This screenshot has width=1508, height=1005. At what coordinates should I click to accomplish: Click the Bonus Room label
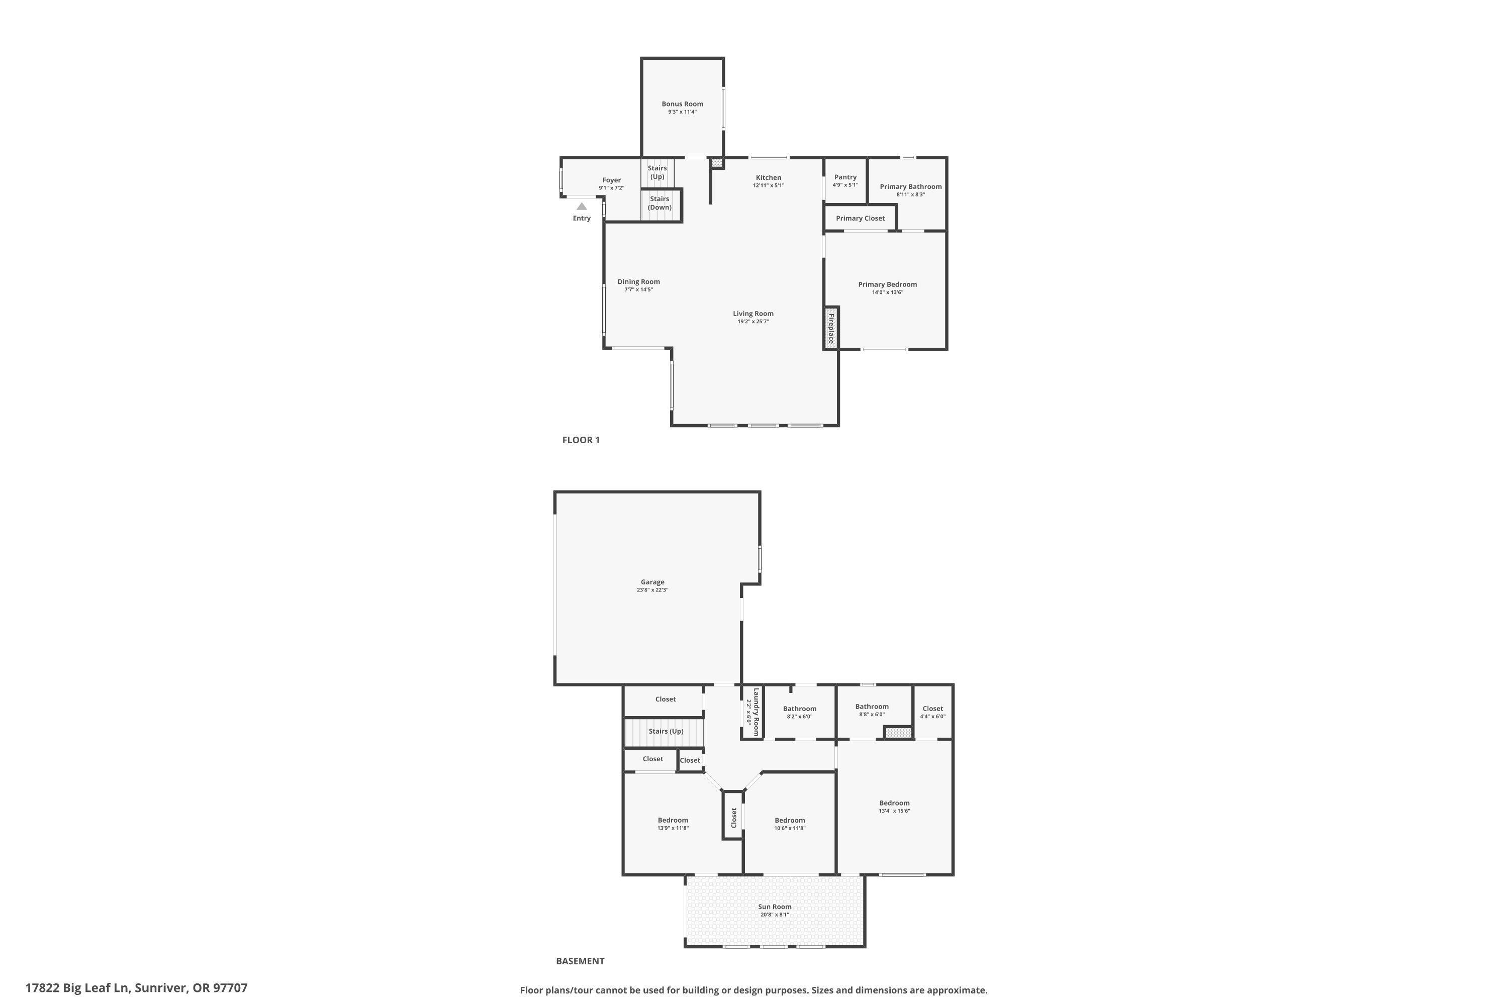point(682,104)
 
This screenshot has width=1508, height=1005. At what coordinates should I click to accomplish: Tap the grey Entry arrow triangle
point(582,207)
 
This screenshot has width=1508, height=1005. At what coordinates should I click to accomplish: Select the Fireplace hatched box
point(831,328)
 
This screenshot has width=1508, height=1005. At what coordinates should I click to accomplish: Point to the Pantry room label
point(845,177)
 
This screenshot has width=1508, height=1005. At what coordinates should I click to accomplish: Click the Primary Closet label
point(860,219)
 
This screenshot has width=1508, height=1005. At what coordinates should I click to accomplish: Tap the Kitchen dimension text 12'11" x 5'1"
point(768,186)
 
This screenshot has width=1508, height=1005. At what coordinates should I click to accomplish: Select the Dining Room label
point(638,282)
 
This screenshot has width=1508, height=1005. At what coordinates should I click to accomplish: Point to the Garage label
point(652,582)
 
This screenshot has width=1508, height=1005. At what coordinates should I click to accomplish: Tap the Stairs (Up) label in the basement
point(666,731)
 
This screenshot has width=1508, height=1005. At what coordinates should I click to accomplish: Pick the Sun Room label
point(775,907)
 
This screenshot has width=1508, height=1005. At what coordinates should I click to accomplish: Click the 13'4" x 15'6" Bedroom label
point(894,803)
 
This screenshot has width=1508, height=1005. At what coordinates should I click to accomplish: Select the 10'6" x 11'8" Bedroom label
point(789,821)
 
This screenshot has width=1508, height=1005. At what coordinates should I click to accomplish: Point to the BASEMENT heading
point(580,961)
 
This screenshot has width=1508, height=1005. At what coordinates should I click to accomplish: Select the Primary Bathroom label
point(910,187)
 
